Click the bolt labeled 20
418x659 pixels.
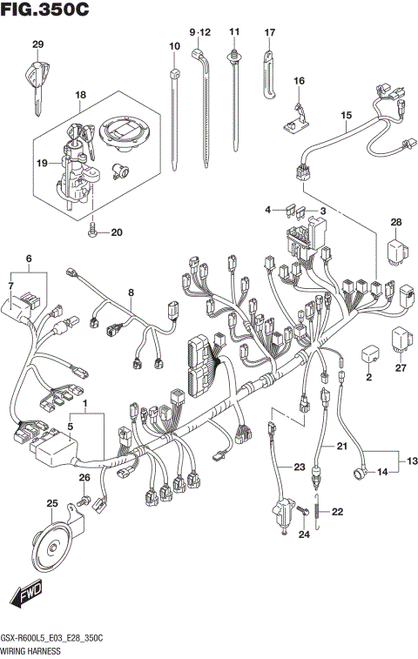(x=92, y=232)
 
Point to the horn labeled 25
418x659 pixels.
(x=44, y=548)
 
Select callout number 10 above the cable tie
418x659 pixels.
(x=175, y=44)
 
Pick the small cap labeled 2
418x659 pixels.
(x=368, y=354)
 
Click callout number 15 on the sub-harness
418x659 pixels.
(x=346, y=115)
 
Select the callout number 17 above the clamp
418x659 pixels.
(x=269, y=32)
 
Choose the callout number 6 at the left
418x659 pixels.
(x=28, y=259)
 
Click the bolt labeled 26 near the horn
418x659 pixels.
(x=84, y=502)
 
